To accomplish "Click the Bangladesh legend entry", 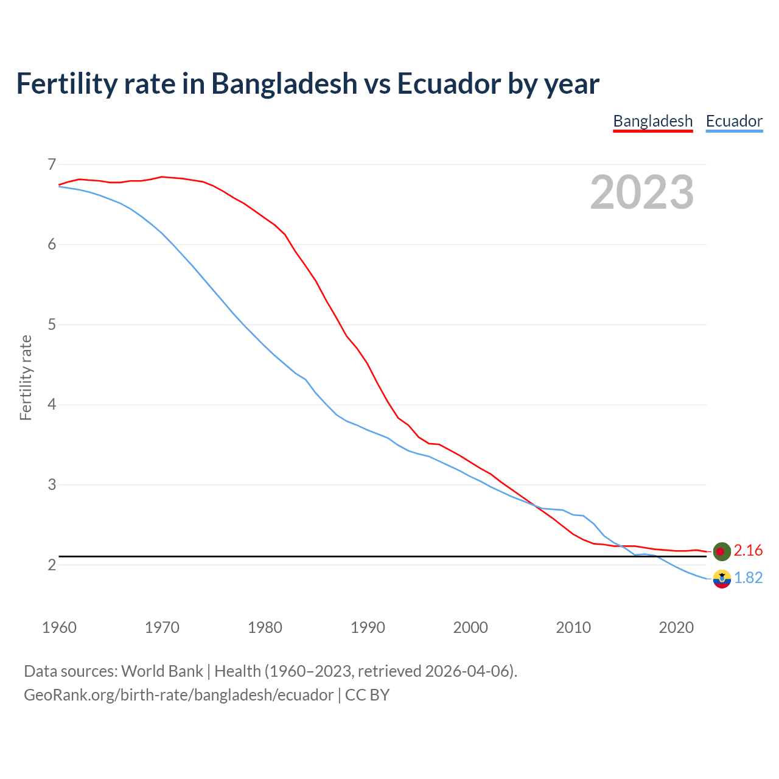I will click(x=652, y=121).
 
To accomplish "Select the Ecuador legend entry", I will click(x=734, y=121).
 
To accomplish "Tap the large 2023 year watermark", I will click(x=642, y=192).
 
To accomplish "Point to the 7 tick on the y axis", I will click(x=52, y=164).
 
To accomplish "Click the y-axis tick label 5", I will click(x=52, y=324).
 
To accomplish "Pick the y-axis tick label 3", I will click(x=52, y=485).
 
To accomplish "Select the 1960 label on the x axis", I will click(x=59, y=627).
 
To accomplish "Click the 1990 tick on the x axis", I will click(x=368, y=627).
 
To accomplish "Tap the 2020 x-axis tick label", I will click(x=676, y=627).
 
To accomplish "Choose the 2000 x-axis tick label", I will click(x=470, y=627).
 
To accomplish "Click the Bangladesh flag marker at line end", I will click(x=722, y=551).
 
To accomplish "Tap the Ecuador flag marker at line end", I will click(x=722, y=579).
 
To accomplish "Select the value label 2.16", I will click(x=748, y=551).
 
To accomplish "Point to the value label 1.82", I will click(x=748, y=578).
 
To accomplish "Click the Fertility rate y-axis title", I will click(x=26, y=377).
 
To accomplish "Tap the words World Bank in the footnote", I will click(x=162, y=671).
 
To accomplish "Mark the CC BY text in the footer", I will click(x=367, y=695).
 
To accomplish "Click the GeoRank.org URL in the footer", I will click(x=178, y=695).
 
